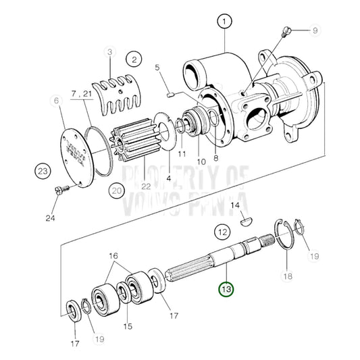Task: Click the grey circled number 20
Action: pos(118,190)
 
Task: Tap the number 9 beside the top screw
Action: pos(314,30)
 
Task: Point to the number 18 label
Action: pos(288,276)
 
